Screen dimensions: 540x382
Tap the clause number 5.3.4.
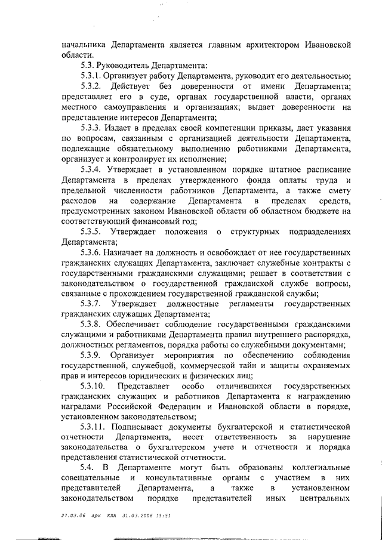pos(92,170)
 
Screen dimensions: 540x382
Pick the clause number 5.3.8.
pos(92,325)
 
